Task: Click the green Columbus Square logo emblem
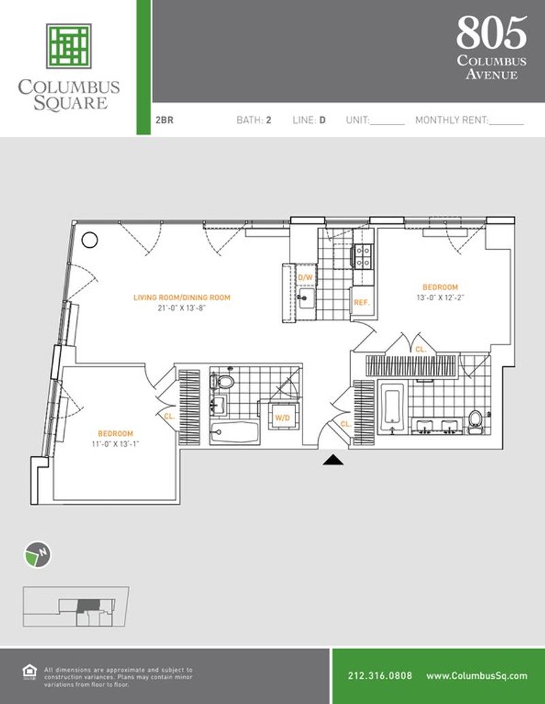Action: coord(69,46)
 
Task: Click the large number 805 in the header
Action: coord(492,33)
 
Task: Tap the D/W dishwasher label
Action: coord(305,278)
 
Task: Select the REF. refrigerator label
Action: coord(362,302)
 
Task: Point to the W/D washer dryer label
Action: coord(282,418)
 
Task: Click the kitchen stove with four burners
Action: coord(362,257)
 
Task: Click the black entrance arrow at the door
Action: coord(333,460)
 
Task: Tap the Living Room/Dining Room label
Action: coord(182,298)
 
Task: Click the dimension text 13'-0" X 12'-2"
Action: coord(440,298)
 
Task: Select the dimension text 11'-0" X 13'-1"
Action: coord(115,444)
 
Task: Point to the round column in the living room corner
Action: coord(90,240)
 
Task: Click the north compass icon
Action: coord(37,555)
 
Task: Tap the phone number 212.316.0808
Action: coord(379,675)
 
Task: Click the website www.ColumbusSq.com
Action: coord(477,675)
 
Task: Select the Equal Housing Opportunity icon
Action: coord(30,672)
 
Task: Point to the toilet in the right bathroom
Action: coord(475,421)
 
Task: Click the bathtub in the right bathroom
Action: coord(392,408)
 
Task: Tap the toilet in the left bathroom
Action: coord(222,382)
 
